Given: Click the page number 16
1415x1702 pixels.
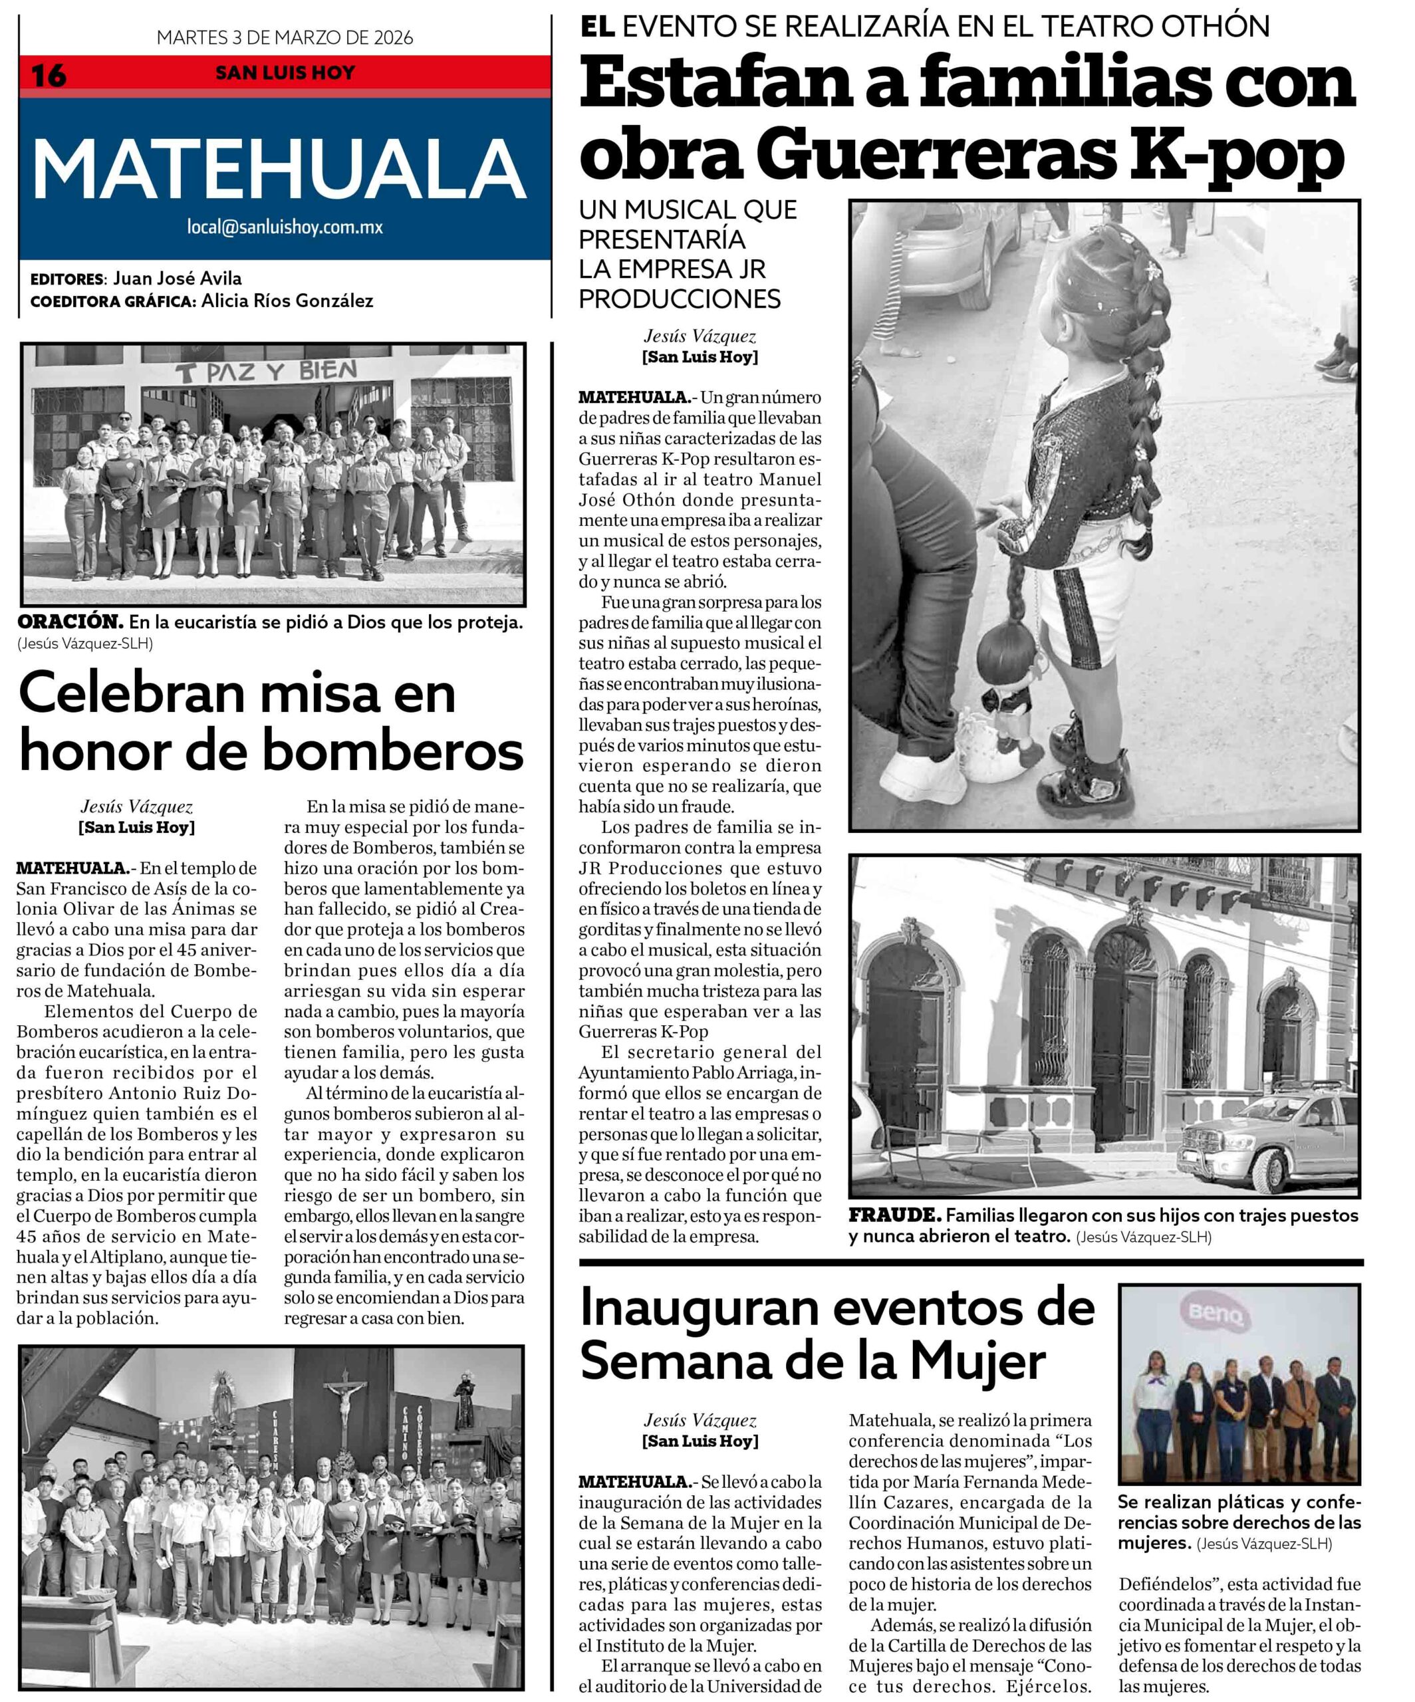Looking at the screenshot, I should pos(49,75).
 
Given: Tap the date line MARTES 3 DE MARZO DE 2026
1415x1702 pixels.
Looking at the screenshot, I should pos(285,37).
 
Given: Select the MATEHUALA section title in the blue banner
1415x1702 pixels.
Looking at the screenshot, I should pos(279,170).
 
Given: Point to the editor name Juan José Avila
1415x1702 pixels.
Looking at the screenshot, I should pos(177,278).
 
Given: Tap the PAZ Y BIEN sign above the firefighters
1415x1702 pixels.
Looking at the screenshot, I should pos(267,373).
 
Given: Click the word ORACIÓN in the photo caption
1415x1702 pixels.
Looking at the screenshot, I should pos(70,622).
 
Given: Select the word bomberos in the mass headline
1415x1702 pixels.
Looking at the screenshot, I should pos(393,751).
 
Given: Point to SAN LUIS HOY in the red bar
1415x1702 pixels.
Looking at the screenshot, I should pos(285,73).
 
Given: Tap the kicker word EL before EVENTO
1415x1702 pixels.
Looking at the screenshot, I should pos(597,26).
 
